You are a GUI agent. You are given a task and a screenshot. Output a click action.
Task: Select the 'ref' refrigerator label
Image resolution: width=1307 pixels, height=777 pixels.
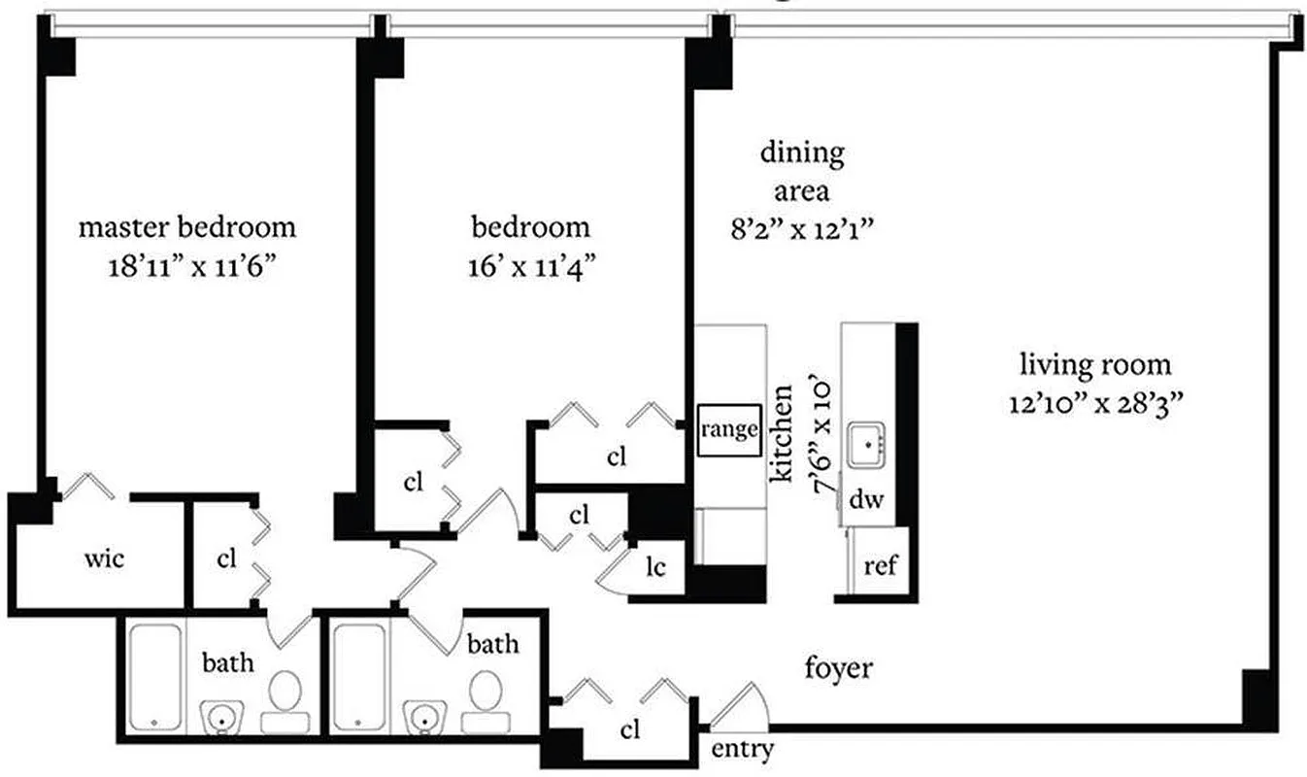[x=880, y=566]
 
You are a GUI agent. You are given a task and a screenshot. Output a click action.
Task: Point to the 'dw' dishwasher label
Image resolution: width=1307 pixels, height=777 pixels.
[x=866, y=501]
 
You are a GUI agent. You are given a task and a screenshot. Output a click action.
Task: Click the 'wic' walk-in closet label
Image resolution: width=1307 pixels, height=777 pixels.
[x=104, y=559]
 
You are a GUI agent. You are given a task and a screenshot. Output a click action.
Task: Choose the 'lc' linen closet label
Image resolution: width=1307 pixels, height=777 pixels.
[x=656, y=567]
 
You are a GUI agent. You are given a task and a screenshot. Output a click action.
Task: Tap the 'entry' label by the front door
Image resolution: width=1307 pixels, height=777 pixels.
[x=743, y=749]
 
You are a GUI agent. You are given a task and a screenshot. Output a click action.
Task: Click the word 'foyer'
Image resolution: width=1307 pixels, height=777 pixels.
[x=839, y=668]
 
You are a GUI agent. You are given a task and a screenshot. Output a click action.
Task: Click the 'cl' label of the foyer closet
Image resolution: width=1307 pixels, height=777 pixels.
[x=629, y=731]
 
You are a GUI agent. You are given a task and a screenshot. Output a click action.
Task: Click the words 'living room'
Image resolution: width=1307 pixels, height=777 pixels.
[x=1094, y=366]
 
